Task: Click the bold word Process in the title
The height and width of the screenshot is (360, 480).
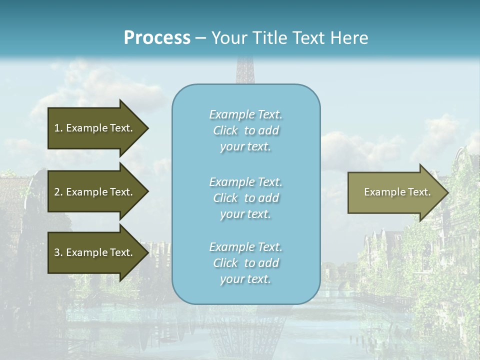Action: tap(157, 38)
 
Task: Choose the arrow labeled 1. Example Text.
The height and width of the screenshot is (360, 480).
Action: tap(95, 128)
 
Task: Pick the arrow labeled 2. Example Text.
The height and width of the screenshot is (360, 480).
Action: tap(95, 192)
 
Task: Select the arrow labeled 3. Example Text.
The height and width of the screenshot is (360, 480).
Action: tap(95, 252)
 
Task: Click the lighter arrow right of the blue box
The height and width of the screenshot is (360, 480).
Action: tap(395, 192)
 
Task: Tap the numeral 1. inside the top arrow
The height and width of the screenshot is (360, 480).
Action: tap(58, 128)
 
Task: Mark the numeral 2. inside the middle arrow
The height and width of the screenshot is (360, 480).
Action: tap(58, 192)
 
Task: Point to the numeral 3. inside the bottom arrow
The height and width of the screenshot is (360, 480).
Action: tap(58, 252)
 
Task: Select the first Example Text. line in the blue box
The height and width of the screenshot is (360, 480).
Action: tap(245, 114)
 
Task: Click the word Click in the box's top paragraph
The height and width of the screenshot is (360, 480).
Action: tap(225, 130)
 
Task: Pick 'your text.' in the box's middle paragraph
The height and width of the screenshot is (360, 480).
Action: tap(245, 214)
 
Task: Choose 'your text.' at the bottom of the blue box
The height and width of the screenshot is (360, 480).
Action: tap(245, 279)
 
